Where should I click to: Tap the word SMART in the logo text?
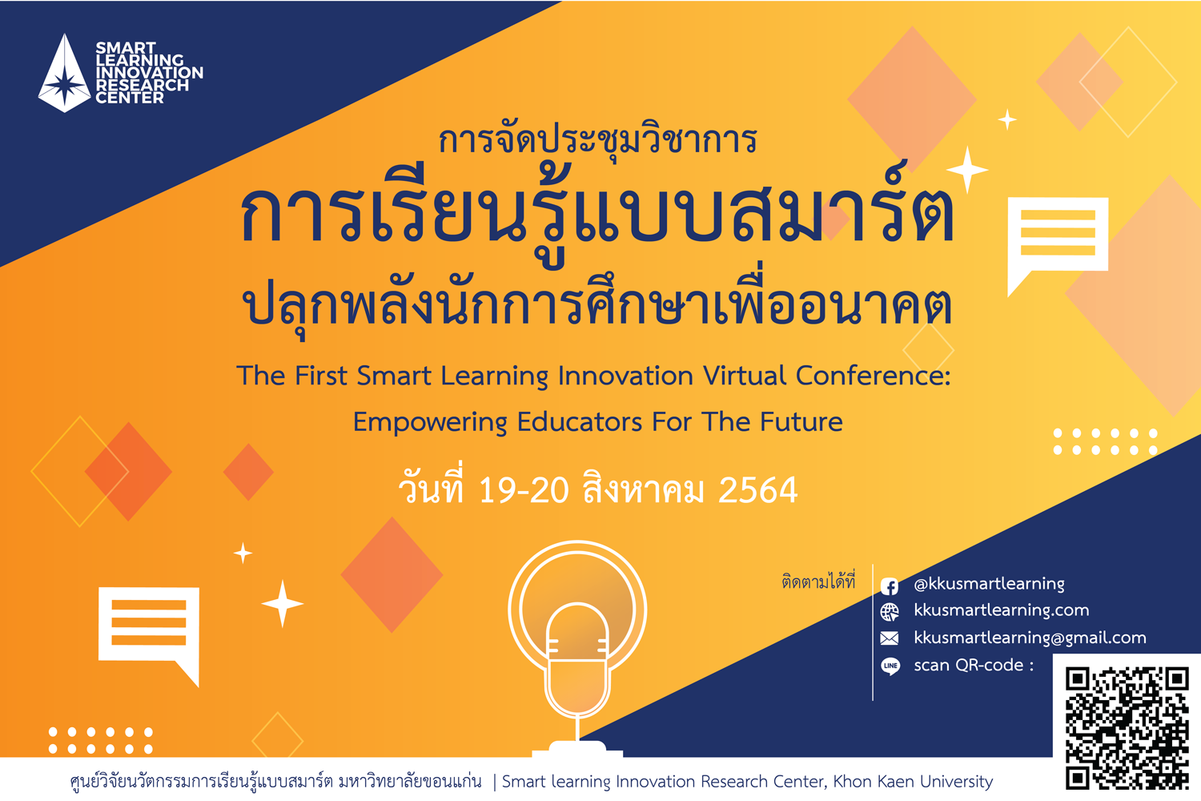[x=126, y=48]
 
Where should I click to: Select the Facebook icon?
[x=890, y=586]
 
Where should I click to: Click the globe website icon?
[x=890, y=612]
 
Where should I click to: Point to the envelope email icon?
[x=890, y=638]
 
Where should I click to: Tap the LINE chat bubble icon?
[x=890, y=666]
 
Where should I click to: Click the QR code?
[x=1127, y=728]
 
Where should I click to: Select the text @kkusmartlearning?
[x=989, y=584]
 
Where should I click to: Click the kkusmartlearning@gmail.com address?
[x=1030, y=638]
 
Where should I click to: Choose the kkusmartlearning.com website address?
[x=1002, y=610]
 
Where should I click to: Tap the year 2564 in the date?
[x=757, y=490]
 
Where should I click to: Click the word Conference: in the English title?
[x=873, y=376]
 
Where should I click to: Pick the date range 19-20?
[x=524, y=490]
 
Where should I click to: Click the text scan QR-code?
[x=974, y=666]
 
